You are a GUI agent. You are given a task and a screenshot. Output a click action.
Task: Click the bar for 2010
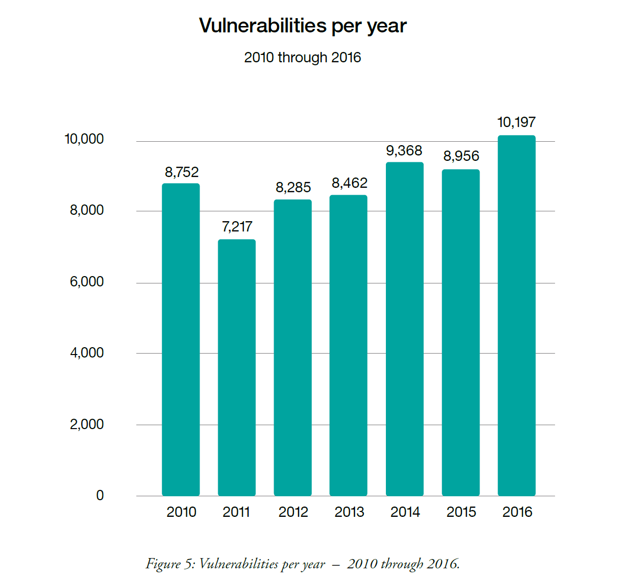[x=180, y=339]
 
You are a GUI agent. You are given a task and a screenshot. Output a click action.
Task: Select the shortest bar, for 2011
[x=236, y=368]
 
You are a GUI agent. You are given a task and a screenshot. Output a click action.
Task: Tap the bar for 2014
[x=405, y=329]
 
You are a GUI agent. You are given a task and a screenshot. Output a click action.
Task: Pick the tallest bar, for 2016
[x=516, y=315]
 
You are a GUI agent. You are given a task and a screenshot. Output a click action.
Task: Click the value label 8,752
[x=181, y=172]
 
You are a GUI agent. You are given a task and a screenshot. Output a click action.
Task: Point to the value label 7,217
[x=237, y=227]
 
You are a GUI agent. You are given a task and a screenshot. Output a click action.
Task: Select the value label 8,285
[x=293, y=187]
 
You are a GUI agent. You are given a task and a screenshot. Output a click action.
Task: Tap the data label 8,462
[x=349, y=183]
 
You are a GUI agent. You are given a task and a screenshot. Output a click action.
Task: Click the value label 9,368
[x=404, y=151]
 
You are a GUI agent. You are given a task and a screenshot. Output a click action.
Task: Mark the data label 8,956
[x=461, y=156]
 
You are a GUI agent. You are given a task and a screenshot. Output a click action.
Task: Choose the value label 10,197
[x=516, y=122]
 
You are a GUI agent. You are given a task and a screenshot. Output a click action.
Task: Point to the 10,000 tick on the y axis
[x=84, y=139]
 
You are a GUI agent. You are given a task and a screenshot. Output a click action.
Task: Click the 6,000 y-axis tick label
[x=87, y=281]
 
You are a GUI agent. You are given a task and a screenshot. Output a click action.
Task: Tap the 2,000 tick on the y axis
[x=87, y=424]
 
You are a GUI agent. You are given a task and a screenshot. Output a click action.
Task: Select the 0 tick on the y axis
[x=100, y=495]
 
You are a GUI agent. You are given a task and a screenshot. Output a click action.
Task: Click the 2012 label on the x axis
[x=293, y=512]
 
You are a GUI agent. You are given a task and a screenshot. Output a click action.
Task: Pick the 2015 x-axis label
[x=461, y=512]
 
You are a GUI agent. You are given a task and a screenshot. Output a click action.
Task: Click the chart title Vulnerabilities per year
[x=303, y=26]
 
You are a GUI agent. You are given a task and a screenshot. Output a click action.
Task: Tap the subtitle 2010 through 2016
[x=303, y=57]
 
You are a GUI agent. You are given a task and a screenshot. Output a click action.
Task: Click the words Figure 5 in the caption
[x=170, y=564]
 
